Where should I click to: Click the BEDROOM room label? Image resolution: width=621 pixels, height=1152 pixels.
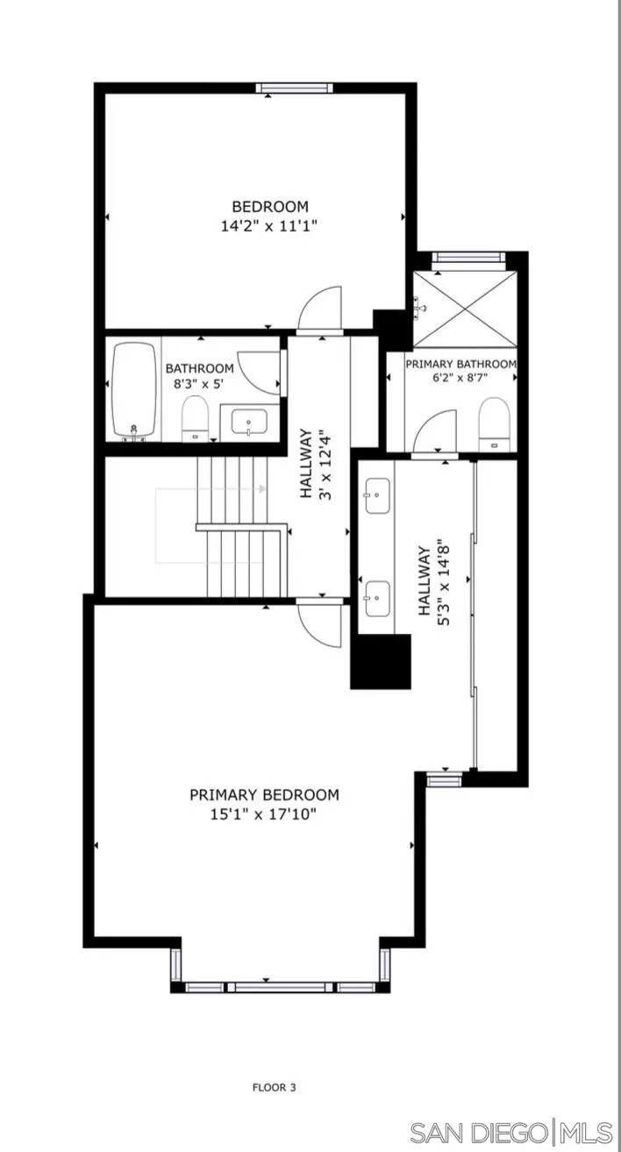click(x=270, y=207)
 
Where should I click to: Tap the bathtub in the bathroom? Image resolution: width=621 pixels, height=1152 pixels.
click(x=134, y=389)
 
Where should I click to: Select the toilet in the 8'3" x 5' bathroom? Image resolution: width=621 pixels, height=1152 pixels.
click(x=195, y=418)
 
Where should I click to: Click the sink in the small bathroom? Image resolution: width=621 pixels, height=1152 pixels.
click(x=250, y=422)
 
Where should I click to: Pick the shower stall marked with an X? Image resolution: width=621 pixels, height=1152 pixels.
click(x=464, y=309)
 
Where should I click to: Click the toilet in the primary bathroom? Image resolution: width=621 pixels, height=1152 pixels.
click(x=494, y=423)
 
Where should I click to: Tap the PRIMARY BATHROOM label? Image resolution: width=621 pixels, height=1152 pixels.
click(x=460, y=363)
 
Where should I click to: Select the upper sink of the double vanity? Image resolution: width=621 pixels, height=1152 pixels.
click(x=377, y=495)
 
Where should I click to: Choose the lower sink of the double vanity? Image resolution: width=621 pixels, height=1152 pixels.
click(x=377, y=598)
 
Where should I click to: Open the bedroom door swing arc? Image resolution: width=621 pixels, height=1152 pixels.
click(x=321, y=309)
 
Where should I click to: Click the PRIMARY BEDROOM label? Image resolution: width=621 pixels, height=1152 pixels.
click(x=264, y=795)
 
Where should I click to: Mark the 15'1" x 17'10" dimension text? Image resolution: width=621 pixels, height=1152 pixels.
click(x=264, y=814)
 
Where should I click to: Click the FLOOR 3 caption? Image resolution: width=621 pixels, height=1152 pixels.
click(x=275, y=1087)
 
